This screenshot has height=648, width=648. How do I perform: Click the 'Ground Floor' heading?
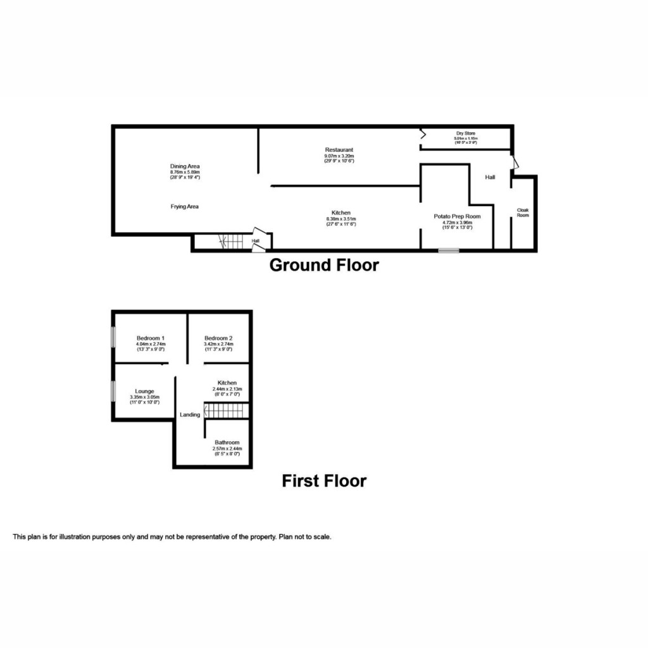[x=324, y=265]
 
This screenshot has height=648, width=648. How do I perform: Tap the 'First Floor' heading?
[x=324, y=481]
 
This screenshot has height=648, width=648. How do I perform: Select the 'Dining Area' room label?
[x=185, y=166]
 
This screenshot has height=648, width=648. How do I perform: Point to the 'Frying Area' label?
[x=185, y=206]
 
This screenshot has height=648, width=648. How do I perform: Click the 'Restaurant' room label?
[x=339, y=150]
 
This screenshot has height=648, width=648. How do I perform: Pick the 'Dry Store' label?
[x=466, y=134]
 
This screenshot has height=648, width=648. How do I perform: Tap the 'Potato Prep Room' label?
[x=457, y=216]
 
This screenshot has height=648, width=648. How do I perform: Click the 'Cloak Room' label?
[x=523, y=212]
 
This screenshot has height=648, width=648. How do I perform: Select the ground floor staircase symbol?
[x=231, y=241]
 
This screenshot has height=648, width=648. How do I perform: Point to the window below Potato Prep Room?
[x=449, y=251]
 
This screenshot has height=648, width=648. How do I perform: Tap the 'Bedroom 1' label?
[x=151, y=338]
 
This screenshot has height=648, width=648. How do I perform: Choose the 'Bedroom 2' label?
[x=218, y=338]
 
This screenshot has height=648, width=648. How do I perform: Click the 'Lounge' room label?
[x=145, y=391]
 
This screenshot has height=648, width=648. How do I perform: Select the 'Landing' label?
[x=190, y=414]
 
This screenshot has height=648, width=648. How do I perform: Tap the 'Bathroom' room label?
[x=227, y=442]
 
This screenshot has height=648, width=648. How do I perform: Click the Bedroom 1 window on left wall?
[x=113, y=336]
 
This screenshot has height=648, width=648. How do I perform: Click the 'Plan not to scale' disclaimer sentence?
[x=304, y=537]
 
